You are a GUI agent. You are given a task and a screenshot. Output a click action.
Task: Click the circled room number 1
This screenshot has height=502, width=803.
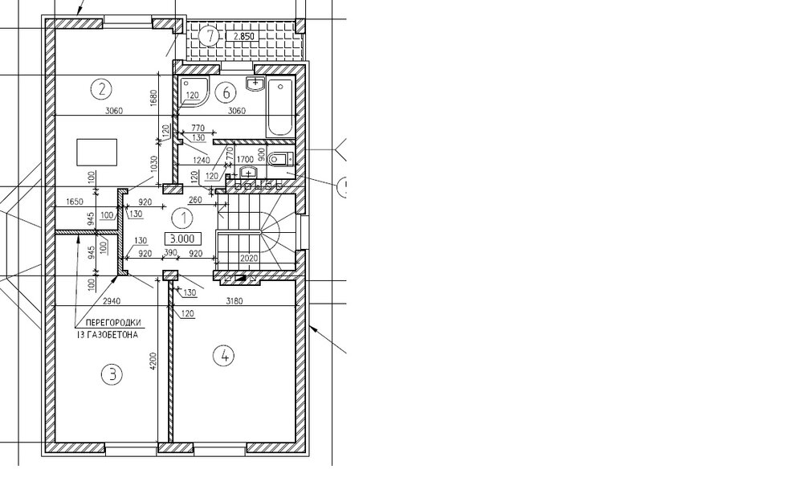[183, 218]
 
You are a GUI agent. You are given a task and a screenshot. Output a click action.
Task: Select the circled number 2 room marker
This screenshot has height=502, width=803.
[101, 89]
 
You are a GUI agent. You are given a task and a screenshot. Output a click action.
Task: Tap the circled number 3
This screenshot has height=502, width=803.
[112, 374]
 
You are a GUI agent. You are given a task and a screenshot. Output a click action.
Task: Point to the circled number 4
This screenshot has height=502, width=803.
[224, 356]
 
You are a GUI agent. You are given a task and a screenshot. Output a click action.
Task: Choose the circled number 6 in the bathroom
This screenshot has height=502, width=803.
[226, 92]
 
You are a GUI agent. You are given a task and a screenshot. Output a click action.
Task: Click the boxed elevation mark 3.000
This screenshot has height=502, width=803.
[182, 239]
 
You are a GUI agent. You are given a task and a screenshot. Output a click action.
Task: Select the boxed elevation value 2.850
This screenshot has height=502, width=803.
[243, 36]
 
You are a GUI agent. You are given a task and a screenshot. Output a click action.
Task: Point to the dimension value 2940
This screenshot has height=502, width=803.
[112, 301]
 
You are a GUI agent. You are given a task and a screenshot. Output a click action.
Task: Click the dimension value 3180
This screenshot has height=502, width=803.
[234, 301]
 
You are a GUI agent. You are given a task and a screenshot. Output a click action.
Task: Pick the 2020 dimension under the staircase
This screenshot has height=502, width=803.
[249, 259]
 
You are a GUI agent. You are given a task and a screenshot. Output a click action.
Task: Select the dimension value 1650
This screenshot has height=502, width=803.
[75, 202]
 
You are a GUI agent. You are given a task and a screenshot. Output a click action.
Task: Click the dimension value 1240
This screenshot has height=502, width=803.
[202, 161]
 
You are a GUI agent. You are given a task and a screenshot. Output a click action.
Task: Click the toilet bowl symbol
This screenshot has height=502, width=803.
[279, 159]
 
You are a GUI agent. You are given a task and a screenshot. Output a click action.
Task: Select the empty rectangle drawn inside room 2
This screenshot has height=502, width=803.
[97, 152]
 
